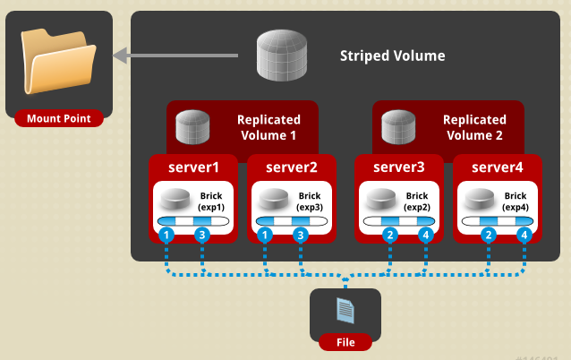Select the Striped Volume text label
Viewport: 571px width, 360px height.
pos(392,56)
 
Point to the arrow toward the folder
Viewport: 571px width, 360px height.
pos(175,56)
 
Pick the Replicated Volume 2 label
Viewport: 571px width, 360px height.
pos(473,127)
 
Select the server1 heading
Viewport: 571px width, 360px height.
pos(192,167)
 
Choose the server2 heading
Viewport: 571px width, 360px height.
pos(292,167)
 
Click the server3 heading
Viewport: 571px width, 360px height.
pos(399,167)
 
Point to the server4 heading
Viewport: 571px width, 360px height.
pos(498,167)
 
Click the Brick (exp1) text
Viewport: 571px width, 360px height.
pos(211,201)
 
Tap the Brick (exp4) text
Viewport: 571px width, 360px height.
pos(516,201)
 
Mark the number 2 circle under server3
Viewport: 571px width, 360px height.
pos(389,236)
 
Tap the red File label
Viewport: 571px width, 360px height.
pos(345,342)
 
